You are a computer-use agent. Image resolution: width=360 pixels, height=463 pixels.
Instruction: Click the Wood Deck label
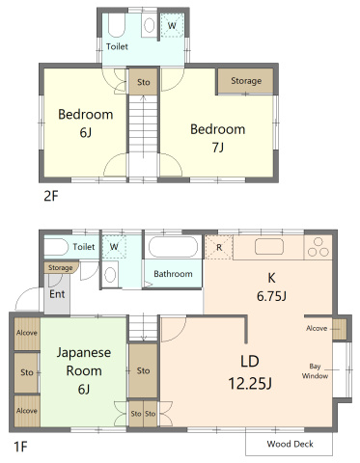[289, 444]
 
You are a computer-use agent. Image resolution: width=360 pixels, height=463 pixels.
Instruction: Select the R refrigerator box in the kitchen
[219, 247]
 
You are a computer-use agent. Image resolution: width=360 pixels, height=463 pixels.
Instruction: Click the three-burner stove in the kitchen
[318, 248]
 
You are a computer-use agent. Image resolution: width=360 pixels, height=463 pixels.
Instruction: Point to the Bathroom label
[174, 274]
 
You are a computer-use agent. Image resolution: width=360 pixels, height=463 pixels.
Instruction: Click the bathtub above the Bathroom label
[172, 248]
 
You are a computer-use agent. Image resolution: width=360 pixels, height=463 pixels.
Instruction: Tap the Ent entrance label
[57, 293]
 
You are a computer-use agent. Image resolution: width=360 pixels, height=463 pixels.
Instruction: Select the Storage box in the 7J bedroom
[246, 81]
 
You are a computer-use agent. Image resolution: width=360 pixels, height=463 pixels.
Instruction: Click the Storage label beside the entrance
[61, 267]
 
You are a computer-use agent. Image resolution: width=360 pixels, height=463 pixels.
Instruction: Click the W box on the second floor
[172, 25]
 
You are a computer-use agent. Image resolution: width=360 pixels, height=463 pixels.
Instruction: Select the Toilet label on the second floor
[118, 45]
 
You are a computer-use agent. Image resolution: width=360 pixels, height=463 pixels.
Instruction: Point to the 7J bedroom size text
[217, 148]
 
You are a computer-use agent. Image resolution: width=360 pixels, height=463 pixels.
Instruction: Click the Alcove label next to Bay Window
[316, 329]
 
